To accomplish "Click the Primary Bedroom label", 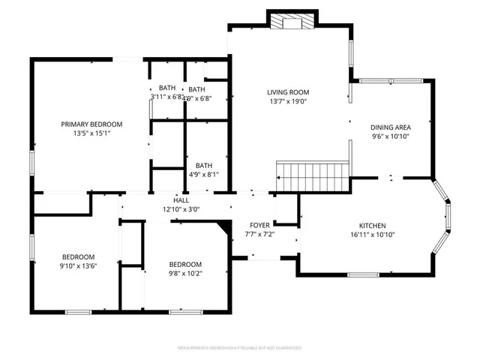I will (x=91, y=124).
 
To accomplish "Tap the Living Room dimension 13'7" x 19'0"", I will (x=288, y=102).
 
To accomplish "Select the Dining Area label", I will (x=391, y=127).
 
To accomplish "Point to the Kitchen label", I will (x=372, y=225).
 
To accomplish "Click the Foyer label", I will (x=260, y=225).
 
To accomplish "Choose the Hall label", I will (x=181, y=200).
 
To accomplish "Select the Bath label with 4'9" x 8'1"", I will (x=204, y=166).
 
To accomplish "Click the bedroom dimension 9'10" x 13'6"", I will (x=78, y=265).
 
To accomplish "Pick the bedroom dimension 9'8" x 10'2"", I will (x=184, y=274).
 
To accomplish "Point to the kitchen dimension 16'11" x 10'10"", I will (x=372, y=235).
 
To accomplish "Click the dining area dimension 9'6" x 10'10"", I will (x=391, y=136).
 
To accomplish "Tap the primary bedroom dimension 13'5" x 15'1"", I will (x=91, y=133).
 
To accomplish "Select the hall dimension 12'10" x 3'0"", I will (x=181, y=210).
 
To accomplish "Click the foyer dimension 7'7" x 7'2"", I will (x=260, y=235).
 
